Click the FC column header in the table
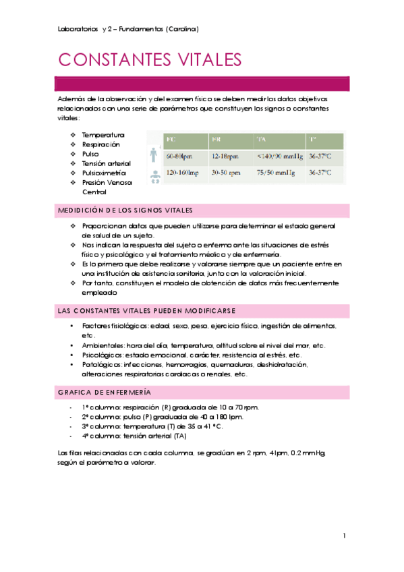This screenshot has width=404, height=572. click(171, 140)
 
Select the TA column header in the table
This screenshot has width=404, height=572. click(261, 140)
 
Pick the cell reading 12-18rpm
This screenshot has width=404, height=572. click(225, 156)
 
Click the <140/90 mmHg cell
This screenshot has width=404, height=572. click(279, 156)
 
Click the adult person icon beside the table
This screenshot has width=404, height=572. click(154, 156)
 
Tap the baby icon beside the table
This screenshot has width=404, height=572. click(155, 177)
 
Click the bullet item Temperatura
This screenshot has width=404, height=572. click(103, 135)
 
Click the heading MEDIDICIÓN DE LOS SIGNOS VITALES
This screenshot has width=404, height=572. click(125, 210)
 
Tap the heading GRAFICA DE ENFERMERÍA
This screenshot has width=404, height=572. click(105, 392)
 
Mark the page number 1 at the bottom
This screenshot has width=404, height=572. click(344, 536)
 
